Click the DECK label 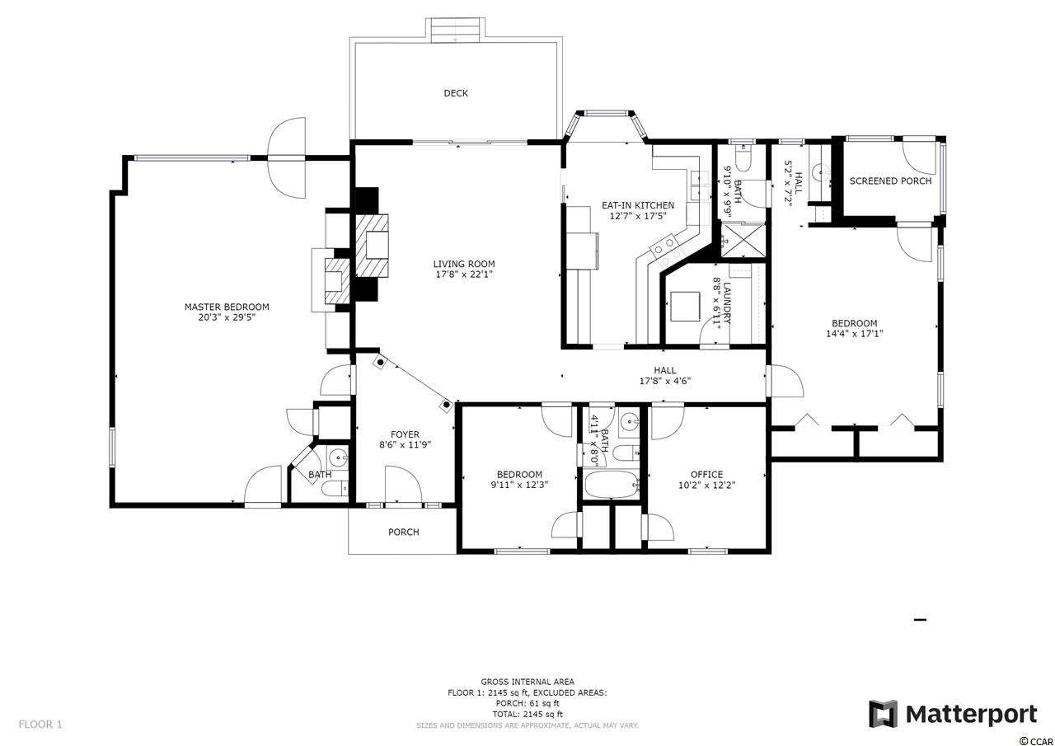click(456, 93)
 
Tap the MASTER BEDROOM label click(227, 307)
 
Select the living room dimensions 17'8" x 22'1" click(464, 274)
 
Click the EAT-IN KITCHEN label click(638, 205)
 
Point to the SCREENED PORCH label click(890, 181)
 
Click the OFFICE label click(706, 474)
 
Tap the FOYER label click(405, 434)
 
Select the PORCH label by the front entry click(404, 532)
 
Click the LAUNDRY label click(726, 303)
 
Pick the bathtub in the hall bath click(611, 484)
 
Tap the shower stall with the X click(743, 241)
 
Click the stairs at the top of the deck click(456, 31)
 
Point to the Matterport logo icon click(883, 714)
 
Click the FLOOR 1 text click(40, 725)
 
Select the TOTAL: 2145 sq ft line click(527, 714)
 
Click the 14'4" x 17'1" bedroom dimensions click(855, 334)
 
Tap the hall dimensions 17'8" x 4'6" click(664, 381)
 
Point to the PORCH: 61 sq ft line click(527, 703)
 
